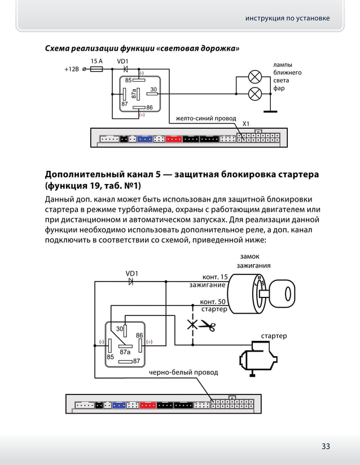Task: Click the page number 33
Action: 326,446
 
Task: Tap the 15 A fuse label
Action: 96,61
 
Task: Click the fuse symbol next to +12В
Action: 96,69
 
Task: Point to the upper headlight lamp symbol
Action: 255,76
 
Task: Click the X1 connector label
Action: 246,123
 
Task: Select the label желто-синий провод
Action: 205,119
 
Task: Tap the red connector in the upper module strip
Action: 173,139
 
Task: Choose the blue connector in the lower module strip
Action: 118,405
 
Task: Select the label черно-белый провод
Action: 183,372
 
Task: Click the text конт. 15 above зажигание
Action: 215,277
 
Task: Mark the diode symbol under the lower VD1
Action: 131,282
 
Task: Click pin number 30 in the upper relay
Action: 153,90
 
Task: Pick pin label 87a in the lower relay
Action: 125,351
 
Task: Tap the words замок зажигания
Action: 253,261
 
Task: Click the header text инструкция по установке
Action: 287,18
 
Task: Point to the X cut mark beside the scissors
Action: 192,324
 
